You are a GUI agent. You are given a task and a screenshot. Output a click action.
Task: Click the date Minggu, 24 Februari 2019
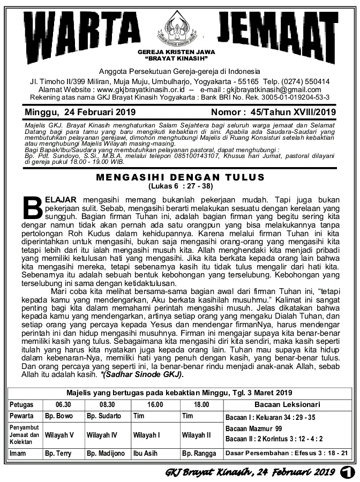tap(80, 112)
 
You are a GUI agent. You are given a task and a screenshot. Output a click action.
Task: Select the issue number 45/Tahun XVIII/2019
tap(296, 112)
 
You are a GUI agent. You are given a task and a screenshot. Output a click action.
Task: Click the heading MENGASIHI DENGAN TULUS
tap(179, 177)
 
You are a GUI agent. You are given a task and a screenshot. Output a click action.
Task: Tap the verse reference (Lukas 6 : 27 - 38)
tap(179, 186)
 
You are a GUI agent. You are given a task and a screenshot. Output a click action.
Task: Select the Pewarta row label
tap(22, 416)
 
